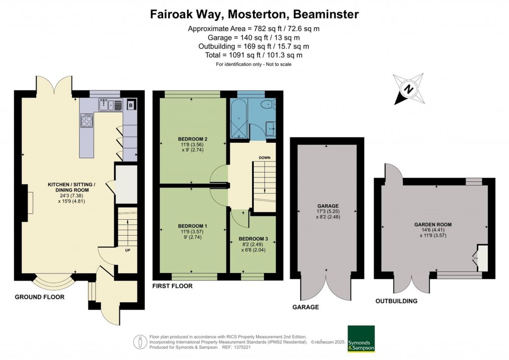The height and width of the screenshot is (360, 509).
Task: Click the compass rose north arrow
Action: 409,90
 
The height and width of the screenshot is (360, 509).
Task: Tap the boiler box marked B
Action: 130,105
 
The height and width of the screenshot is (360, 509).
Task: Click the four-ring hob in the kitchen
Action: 86,121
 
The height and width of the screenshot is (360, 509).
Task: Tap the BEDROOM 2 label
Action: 192,139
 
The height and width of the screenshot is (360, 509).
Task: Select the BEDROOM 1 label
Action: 192,226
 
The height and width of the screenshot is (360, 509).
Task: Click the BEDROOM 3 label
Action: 253,239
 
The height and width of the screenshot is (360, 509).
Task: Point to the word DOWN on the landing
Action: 264,158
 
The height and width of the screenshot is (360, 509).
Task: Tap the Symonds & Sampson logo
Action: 361,339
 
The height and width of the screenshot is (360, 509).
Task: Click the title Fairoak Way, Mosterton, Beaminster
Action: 254,14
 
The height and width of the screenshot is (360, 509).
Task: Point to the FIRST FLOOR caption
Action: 172,286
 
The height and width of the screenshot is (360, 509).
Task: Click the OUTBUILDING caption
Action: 396,301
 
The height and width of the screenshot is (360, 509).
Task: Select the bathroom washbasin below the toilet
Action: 270,129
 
